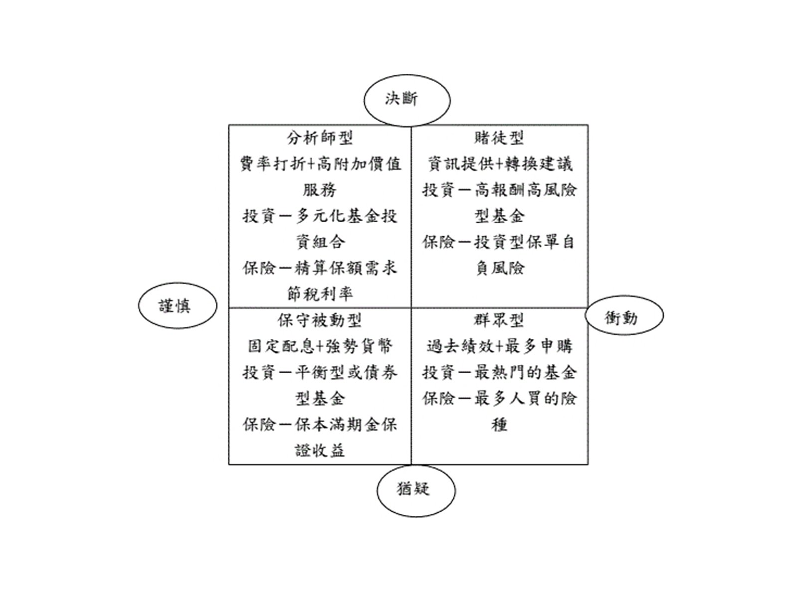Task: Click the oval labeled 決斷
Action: pyautogui.click(x=406, y=100)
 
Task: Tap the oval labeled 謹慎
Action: pyautogui.click(x=178, y=306)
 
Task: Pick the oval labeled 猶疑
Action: pyautogui.click(x=415, y=489)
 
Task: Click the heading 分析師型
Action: pyautogui.click(x=320, y=138)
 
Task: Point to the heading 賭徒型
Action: pyautogui.click(x=499, y=138)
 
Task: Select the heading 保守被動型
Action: pyautogui.click(x=320, y=320)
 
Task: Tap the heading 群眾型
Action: pyautogui.click(x=499, y=320)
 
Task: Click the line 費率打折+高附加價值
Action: pyautogui.click(x=320, y=164)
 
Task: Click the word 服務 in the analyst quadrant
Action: pyautogui.click(x=320, y=190)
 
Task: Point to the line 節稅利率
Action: pyautogui.click(x=320, y=294)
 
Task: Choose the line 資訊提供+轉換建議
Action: pyautogui.click(x=500, y=164)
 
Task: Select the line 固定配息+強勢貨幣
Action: pyautogui.click(x=320, y=346)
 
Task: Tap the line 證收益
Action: pyautogui.click(x=320, y=450)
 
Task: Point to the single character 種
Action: pyautogui.click(x=499, y=425)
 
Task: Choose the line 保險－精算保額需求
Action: pyautogui.click(x=320, y=268)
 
